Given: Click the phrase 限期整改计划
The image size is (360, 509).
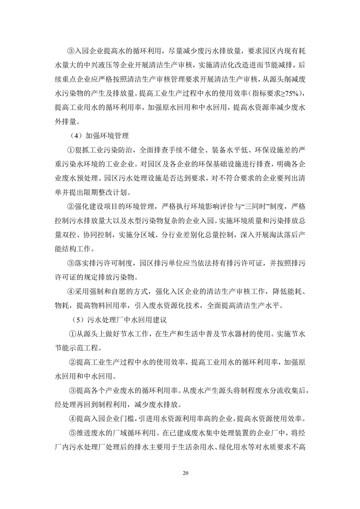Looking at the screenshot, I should click(102, 193).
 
